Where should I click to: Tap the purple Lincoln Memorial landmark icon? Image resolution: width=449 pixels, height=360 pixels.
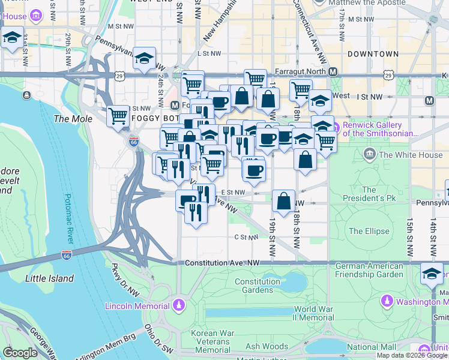[178, 307]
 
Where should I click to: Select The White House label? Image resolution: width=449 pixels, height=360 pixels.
[411, 155]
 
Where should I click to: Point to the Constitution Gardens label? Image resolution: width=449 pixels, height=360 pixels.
[258, 286]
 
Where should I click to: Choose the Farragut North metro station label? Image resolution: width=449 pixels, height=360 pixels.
[301, 71]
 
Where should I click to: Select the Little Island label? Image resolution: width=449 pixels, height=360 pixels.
[49, 278]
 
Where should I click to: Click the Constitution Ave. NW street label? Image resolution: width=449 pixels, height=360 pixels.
[222, 263]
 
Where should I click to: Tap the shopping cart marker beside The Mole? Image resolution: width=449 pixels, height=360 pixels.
[118, 115]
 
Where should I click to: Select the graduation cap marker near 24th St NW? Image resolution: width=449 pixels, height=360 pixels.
[144, 58]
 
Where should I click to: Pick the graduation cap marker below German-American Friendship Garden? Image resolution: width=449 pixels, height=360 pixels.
[431, 274]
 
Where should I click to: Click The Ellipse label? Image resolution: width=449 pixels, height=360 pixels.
[369, 231]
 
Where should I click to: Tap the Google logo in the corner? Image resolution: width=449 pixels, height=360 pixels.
[20, 353]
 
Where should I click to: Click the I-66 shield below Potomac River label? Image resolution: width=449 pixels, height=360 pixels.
[66, 256]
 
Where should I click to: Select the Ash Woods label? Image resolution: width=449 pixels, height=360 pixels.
[267, 346]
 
